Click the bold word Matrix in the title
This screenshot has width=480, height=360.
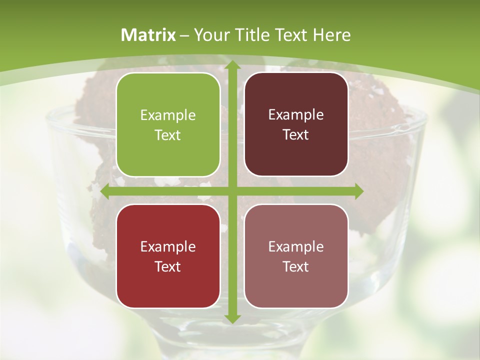[x=148, y=35]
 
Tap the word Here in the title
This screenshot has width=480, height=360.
[x=332, y=35]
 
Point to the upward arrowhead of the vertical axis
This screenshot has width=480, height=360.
[x=232, y=66]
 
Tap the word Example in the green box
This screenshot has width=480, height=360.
[x=168, y=115]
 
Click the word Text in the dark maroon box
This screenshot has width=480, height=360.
[x=296, y=134]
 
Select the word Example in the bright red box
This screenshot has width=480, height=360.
[x=168, y=247]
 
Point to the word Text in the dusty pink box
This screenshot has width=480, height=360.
[x=296, y=266]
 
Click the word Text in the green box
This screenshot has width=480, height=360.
[x=168, y=135]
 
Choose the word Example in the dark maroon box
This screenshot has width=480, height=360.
[x=296, y=115]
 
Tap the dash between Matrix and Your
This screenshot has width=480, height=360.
[x=184, y=35]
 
